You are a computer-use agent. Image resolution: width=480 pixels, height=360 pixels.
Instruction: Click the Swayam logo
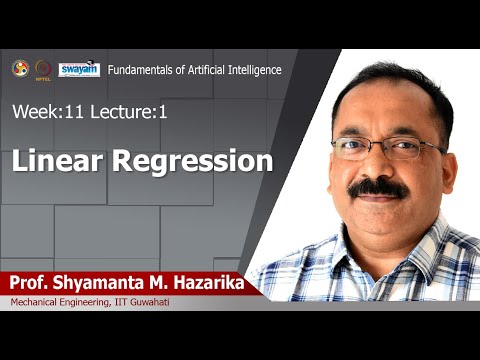click(x=79, y=69)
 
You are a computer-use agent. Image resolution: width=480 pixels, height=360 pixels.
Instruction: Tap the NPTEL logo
click(x=43, y=69)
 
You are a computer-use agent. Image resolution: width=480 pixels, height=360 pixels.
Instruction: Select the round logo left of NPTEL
click(x=19, y=68)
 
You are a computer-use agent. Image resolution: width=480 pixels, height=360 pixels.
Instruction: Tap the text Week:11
click(x=46, y=113)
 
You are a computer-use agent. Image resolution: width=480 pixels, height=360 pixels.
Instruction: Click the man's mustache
click(x=379, y=188)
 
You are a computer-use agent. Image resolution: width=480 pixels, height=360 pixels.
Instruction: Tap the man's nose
click(x=376, y=166)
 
